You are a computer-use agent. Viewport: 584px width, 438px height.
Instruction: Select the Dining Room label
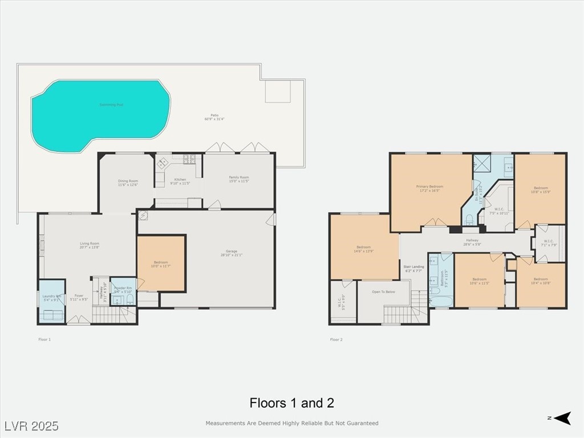pyautogui.click(x=128, y=182)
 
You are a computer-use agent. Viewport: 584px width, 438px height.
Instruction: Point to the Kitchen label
pyautogui.click(x=180, y=181)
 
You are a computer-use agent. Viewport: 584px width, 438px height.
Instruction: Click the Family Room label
pyautogui.click(x=240, y=179)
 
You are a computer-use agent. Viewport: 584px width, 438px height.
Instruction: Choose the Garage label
pyautogui.click(x=231, y=253)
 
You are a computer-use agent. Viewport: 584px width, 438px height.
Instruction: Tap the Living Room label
pyautogui.click(x=90, y=245)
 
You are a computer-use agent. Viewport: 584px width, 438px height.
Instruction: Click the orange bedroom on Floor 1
pyautogui.click(x=161, y=263)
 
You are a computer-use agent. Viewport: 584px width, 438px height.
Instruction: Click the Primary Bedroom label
pyautogui.click(x=429, y=188)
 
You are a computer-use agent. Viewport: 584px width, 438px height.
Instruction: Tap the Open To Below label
pyautogui.click(x=383, y=291)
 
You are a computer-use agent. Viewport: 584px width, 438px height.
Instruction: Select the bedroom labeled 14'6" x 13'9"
pyautogui.click(x=364, y=249)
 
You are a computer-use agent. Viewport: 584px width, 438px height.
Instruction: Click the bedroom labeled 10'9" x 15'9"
pyautogui.click(x=541, y=190)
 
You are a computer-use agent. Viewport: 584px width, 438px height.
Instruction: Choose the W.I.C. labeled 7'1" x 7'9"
pyautogui.click(x=549, y=243)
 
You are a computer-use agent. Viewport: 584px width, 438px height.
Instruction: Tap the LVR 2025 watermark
pyautogui.click(x=31, y=426)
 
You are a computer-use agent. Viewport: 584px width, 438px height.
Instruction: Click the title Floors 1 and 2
pyautogui.click(x=291, y=403)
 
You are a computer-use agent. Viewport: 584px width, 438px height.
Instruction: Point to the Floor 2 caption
pyautogui.click(x=336, y=339)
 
